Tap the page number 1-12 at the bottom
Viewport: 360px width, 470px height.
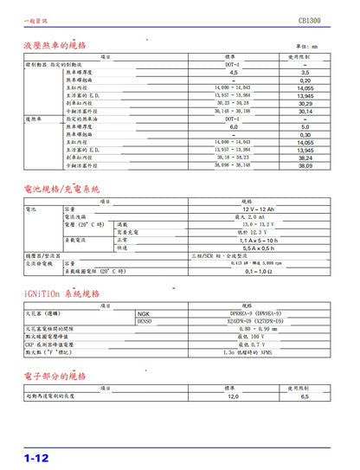click(x=35, y=455)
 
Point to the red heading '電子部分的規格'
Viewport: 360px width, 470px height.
click(x=55, y=377)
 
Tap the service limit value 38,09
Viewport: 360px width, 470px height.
click(x=305, y=164)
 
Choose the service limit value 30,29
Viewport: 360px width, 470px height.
click(x=305, y=104)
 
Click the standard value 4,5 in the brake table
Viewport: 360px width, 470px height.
click(x=232, y=73)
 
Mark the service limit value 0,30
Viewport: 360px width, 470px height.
click(x=305, y=134)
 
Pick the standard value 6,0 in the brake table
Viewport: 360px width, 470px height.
click(x=232, y=126)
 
